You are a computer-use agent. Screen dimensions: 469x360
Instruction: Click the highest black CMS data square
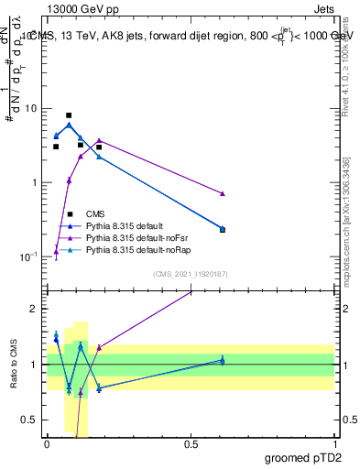click(69, 115)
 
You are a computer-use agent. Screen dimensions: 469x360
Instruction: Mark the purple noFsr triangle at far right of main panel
click(223, 193)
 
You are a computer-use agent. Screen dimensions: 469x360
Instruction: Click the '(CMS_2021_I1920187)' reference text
click(191, 274)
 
